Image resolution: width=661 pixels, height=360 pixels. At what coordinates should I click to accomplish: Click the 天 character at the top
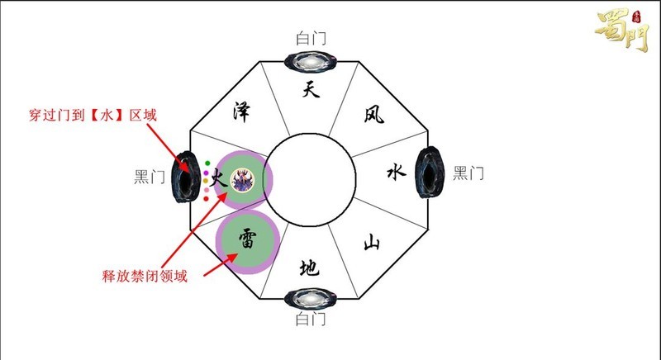pos(310,90)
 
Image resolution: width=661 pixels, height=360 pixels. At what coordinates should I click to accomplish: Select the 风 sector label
pos(373,116)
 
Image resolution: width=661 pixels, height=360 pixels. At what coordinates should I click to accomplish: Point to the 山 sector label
pos(373,242)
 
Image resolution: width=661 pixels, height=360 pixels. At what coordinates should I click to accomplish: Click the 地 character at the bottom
pos(309,268)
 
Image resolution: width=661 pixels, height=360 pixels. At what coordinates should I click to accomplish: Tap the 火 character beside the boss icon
pos(219,177)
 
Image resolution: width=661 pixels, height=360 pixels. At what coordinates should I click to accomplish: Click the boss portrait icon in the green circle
pos(243,178)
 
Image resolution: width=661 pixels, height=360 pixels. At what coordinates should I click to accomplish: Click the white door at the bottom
pos(309,299)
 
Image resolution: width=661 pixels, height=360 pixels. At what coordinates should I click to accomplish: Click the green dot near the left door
pos(207,163)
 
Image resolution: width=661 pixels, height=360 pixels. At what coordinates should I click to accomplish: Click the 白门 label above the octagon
pos(310,38)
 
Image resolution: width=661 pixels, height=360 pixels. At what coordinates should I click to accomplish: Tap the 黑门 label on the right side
pos(468,173)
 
